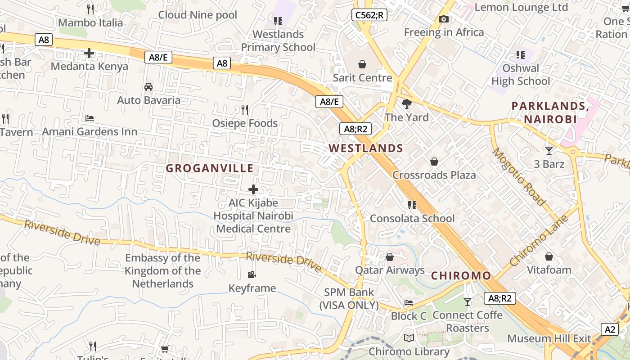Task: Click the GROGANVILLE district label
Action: pyautogui.click(x=210, y=168)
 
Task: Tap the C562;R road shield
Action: pyautogui.click(x=369, y=15)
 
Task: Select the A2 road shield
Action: pyautogui.click(x=610, y=329)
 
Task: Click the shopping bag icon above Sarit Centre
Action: pyautogui.click(x=362, y=64)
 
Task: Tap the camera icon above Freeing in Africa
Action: pyautogui.click(x=443, y=19)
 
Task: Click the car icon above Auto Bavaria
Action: pyautogui.click(x=148, y=86)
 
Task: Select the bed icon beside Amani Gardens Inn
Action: pyautogui.click(x=90, y=118)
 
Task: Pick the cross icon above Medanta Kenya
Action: pyautogui.click(x=89, y=53)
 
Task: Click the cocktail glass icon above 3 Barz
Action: pyautogui.click(x=549, y=150)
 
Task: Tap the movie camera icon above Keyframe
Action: pyautogui.click(x=252, y=274)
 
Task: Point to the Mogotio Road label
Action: pyautogui.click(x=519, y=176)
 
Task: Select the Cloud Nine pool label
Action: pyautogui.click(x=198, y=15)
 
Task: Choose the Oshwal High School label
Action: pyautogui.click(x=521, y=75)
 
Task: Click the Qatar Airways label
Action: pyautogui.click(x=390, y=270)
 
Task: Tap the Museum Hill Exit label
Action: pyautogui.click(x=549, y=338)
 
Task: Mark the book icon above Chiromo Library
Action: pyautogui.click(x=409, y=338)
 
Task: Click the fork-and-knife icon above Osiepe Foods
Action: pyautogui.click(x=245, y=109)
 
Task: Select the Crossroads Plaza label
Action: pyautogui.click(x=434, y=175)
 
